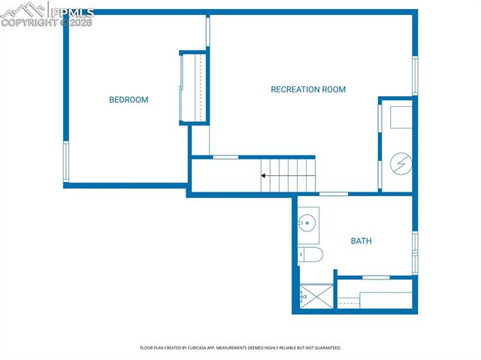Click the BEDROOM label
(129, 100)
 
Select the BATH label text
(361, 241)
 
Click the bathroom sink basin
(307, 222)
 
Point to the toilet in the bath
(310, 255)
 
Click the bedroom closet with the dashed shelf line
(193, 87)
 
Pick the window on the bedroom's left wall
(66, 162)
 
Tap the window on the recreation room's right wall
(414, 75)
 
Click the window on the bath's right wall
(414, 253)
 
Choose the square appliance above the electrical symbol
(399, 117)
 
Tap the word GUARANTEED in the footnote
(327, 348)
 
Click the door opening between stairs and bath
(334, 194)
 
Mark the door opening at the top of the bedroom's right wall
(208, 32)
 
